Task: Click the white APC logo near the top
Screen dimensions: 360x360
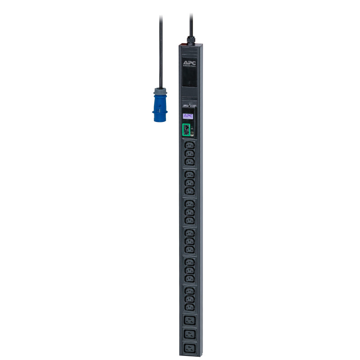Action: pos(190,63)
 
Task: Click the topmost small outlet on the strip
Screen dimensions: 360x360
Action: pos(189,145)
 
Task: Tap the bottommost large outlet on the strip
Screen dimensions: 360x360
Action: pos(189,348)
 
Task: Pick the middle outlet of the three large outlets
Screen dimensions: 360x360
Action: pos(189,334)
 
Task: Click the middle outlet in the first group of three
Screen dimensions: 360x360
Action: pos(189,153)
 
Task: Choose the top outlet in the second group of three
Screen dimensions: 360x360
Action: pos(189,175)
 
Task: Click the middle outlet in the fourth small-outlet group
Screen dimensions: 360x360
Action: pos(189,241)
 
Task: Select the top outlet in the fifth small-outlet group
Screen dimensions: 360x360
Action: pos(189,262)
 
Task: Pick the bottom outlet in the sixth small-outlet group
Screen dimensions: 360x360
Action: pos(189,307)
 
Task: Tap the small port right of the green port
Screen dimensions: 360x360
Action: pos(192,132)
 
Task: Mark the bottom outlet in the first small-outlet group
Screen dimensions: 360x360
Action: pos(189,162)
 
